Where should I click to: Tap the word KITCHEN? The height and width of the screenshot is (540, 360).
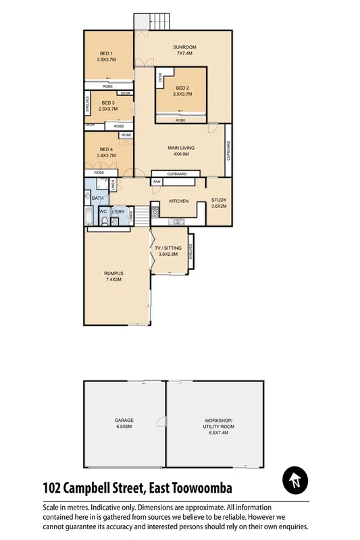(178, 202)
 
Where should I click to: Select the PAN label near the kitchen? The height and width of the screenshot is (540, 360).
(157, 182)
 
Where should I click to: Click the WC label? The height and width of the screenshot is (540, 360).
(103, 212)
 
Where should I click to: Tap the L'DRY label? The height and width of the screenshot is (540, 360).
(119, 212)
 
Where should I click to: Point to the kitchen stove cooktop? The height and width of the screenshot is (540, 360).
(155, 211)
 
